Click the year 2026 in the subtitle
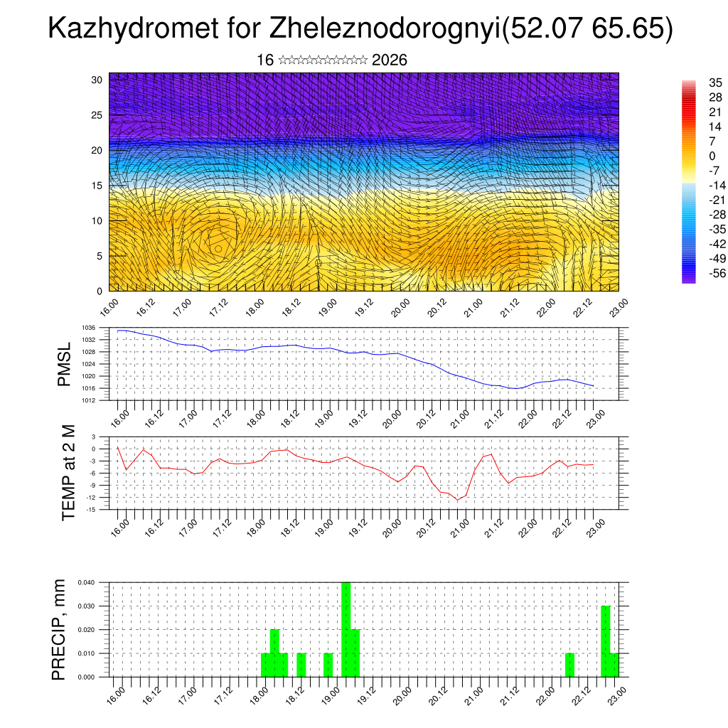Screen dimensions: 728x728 tap(389, 60)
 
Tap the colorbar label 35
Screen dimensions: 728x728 tap(715, 83)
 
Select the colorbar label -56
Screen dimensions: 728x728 tap(715, 273)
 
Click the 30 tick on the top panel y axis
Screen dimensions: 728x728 tap(97, 80)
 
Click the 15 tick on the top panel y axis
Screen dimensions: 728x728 tap(97, 186)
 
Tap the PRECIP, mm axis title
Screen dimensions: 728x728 tap(60, 630)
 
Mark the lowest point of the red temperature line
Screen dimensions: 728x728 tap(459, 500)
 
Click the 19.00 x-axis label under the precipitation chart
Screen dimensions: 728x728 tap(331, 693)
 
